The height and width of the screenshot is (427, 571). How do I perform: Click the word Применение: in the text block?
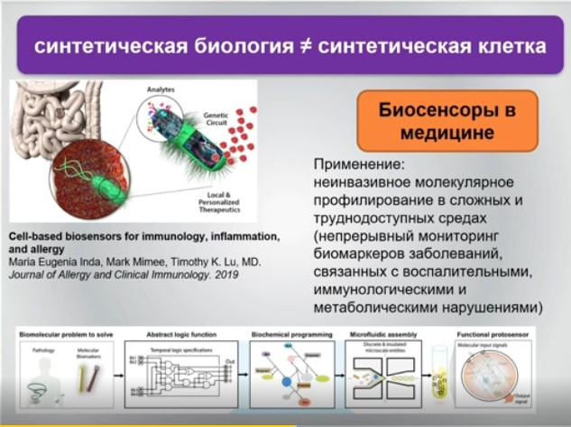click(x=359, y=166)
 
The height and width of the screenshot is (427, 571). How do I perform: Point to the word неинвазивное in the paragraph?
click(x=364, y=183)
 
